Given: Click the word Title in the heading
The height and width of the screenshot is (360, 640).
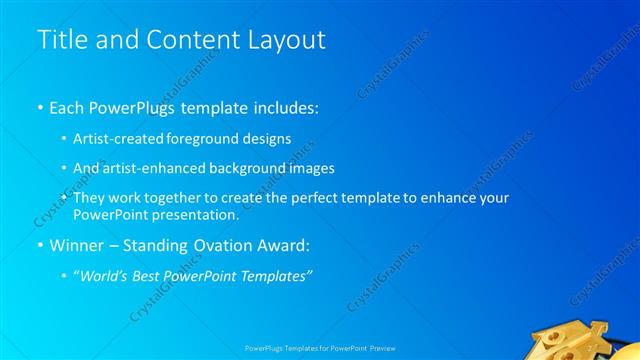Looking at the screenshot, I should (x=59, y=41).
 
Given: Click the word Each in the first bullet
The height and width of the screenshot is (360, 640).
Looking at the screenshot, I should (x=67, y=106).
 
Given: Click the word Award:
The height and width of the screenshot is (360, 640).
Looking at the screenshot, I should (x=286, y=245).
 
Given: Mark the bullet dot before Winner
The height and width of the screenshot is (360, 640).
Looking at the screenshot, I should (x=40, y=246).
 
